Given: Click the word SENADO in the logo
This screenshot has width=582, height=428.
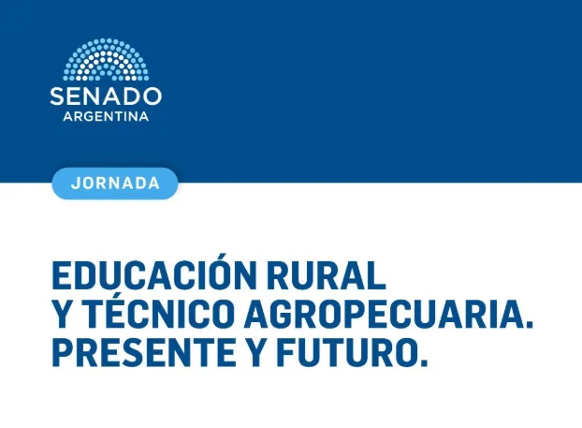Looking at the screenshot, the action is pyautogui.click(x=106, y=96).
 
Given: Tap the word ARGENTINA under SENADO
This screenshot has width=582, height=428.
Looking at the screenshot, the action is pyautogui.click(x=106, y=116).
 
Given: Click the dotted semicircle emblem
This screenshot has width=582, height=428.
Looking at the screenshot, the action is pyautogui.click(x=106, y=59).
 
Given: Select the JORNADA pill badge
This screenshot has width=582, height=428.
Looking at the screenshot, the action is pyautogui.click(x=115, y=184).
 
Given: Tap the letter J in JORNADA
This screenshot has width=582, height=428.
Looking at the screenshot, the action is pyautogui.click(x=76, y=184).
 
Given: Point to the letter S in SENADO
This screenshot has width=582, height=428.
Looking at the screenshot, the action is pyautogui.click(x=57, y=96).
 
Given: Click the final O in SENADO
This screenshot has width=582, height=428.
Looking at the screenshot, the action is pyautogui.click(x=153, y=96).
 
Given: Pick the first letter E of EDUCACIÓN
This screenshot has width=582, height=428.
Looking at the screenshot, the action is pyautogui.click(x=61, y=276).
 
